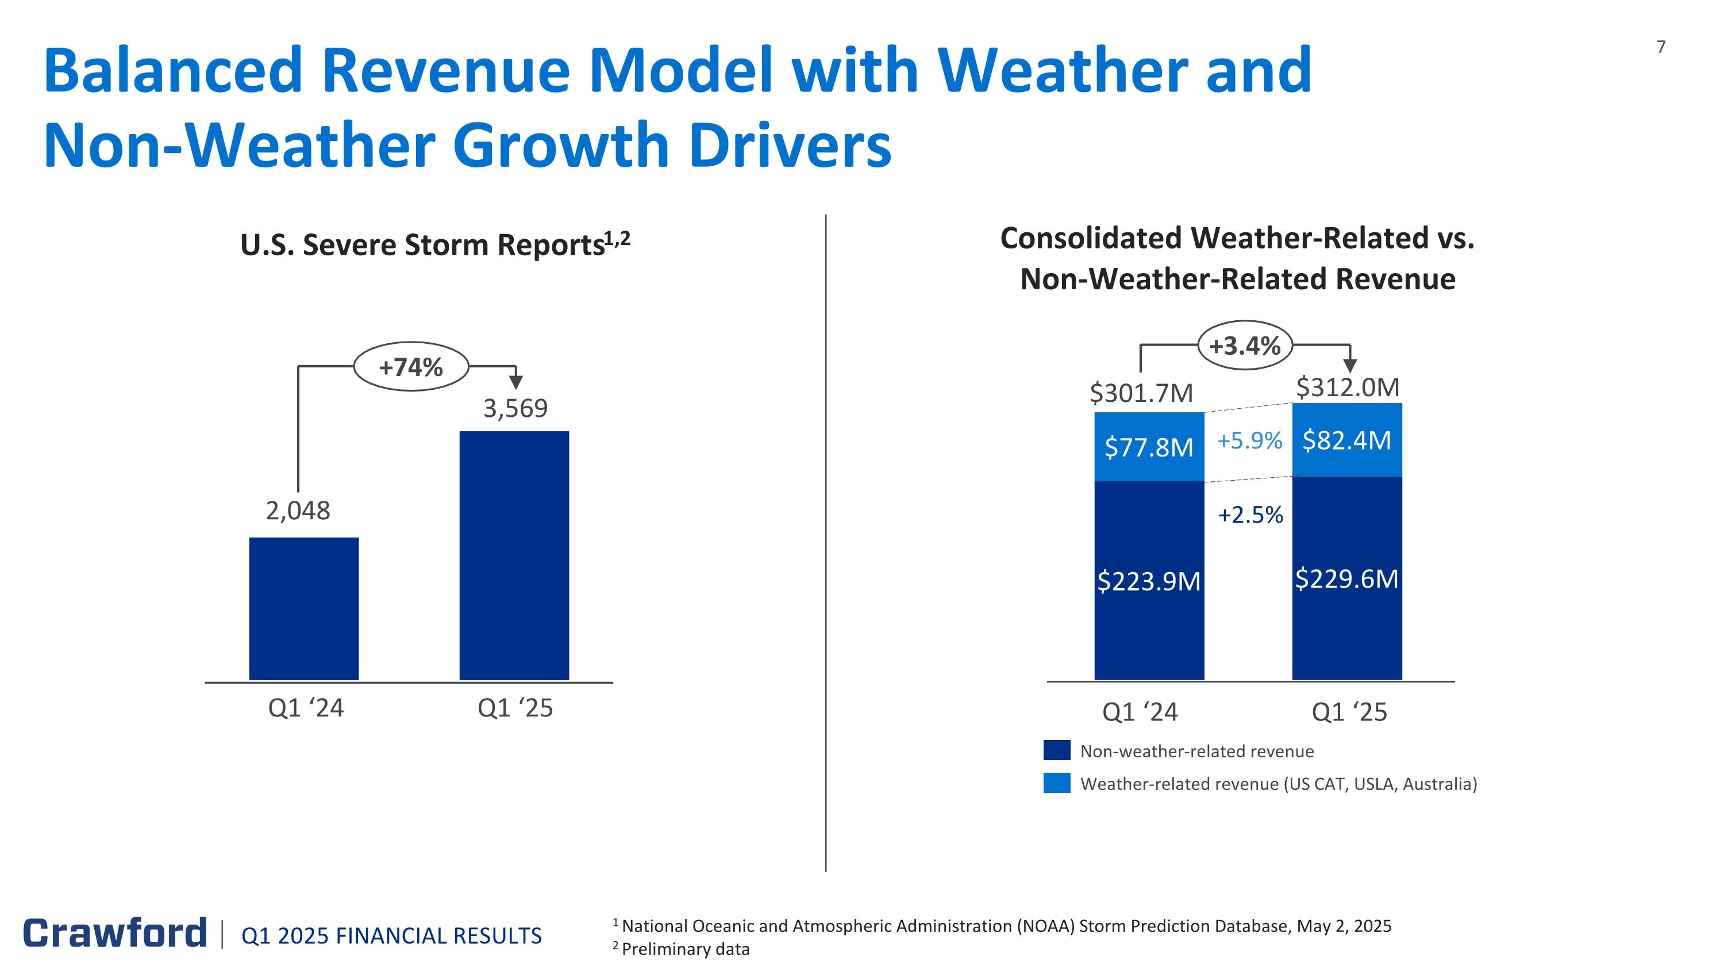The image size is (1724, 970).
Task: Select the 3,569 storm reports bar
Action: [514, 555]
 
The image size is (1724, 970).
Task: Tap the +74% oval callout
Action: [411, 367]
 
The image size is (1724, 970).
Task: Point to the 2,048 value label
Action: [298, 511]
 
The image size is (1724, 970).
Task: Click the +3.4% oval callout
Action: [1245, 346]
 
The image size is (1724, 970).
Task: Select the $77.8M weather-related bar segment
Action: [1148, 447]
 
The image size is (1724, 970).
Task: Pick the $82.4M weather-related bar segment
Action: [1346, 440]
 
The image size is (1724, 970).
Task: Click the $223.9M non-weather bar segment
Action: [1148, 580]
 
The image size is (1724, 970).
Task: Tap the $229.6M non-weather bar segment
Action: [1346, 578]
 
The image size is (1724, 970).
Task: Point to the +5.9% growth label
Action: [1249, 440]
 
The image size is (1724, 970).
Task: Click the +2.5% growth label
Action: [1250, 515]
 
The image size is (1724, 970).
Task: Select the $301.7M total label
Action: [1141, 393]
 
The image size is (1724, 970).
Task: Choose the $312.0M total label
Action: [1348, 388]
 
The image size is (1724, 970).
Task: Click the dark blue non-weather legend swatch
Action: [1057, 750]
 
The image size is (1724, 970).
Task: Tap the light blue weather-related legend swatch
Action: [1057, 783]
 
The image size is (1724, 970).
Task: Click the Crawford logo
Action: [115, 933]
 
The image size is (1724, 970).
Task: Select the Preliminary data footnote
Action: [682, 949]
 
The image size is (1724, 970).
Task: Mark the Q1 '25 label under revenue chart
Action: [1349, 712]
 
